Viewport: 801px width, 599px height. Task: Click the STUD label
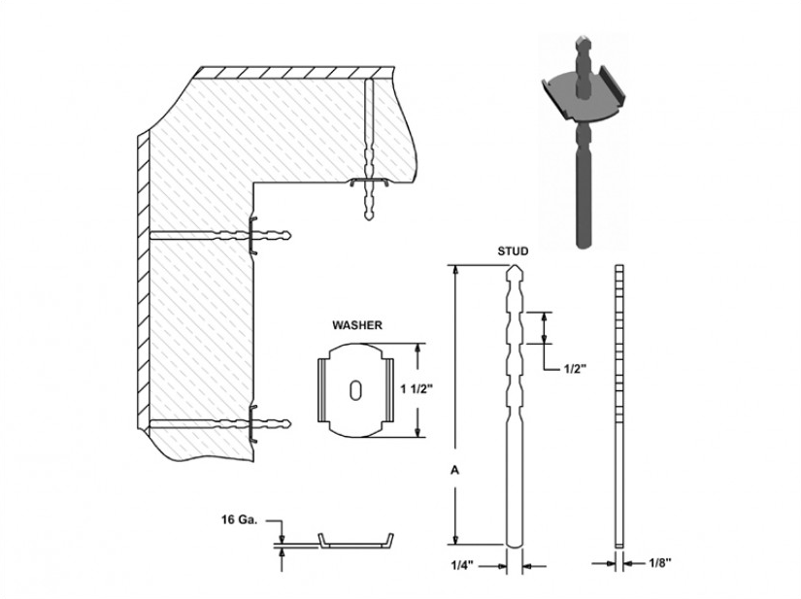(x=513, y=251)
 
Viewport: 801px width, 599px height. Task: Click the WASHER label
(x=357, y=325)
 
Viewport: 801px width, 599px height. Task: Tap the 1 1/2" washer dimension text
(x=417, y=389)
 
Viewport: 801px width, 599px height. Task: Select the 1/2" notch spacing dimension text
(x=574, y=369)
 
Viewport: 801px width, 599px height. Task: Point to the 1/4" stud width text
(x=462, y=565)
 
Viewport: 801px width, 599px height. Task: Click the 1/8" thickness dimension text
(x=660, y=563)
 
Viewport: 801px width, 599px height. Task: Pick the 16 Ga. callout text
(x=239, y=519)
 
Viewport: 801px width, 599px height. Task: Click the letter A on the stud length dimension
(x=454, y=470)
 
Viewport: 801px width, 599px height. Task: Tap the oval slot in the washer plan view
(x=355, y=389)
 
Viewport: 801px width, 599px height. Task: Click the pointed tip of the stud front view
(x=515, y=266)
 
